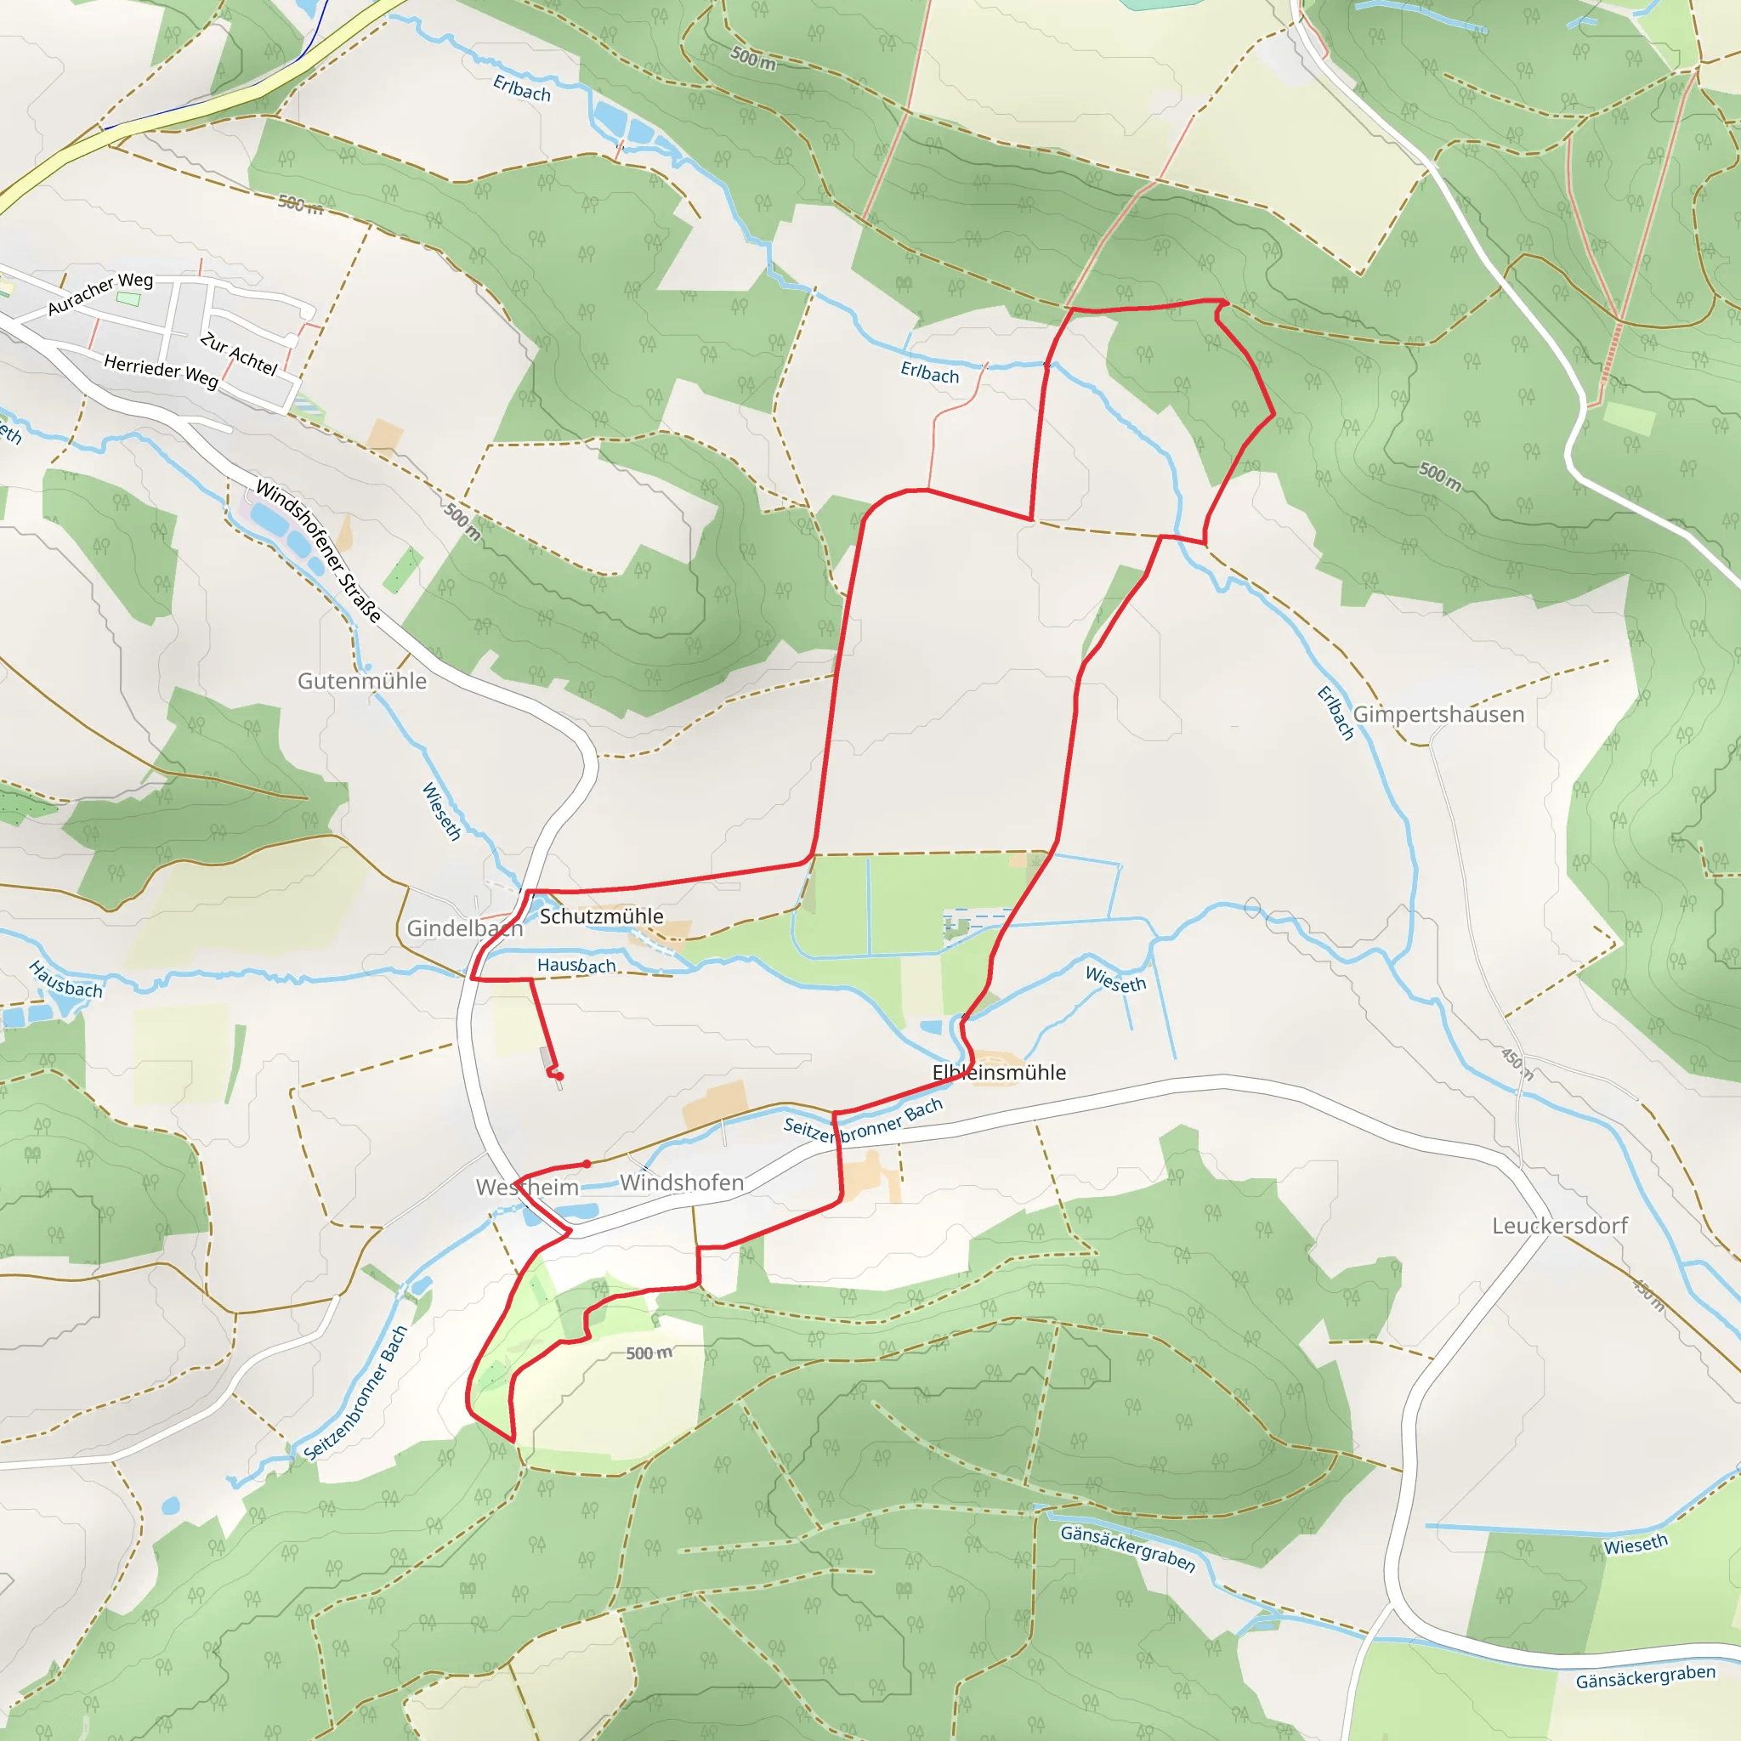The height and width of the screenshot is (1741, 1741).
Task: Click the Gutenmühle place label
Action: pyautogui.click(x=362, y=681)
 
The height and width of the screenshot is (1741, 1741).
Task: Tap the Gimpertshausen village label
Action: pyautogui.click(x=1438, y=715)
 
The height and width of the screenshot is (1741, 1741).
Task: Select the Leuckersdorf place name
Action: pyautogui.click(x=1560, y=1226)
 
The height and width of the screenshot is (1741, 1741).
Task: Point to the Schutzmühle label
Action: pyautogui.click(x=601, y=916)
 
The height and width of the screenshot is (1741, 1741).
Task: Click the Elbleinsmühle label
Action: pyautogui.click(x=999, y=1072)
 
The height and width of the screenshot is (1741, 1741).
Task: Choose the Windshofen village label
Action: pyautogui.click(x=681, y=1182)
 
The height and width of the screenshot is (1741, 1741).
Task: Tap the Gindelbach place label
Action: pyautogui.click(x=464, y=928)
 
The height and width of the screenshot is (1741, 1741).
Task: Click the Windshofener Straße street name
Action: pyautogui.click(x=318, y=551)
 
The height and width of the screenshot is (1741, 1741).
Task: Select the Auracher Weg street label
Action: pyautogui.click(x=100, y=294)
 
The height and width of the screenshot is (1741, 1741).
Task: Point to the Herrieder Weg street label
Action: pyautogui.click(x=161, y=371)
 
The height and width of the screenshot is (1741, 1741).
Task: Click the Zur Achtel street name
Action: pyautogui.click(x=239, y=354)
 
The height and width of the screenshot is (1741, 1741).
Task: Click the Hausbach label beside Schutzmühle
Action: pyautogui.click(x=576, y=965)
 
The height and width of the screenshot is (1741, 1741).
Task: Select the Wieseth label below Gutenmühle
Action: pyautogui.click(x=441, y=811)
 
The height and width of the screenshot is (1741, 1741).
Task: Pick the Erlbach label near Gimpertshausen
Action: pyautogui.click(x=1336, y=712)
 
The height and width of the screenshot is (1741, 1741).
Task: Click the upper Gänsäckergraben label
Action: pyautogui.click(x=1127, y=1548)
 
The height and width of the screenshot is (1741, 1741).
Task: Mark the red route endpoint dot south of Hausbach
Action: pyautogui.click(x=559, y=1076)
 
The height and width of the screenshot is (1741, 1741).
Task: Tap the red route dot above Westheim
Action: pyautogui.click(x=587, y=1164)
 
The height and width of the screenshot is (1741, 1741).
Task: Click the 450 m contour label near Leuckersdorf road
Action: pyautogui.click(x=1517, y=1063)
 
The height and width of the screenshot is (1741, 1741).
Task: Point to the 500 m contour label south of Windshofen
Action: pyautogui.click(x=649, y=1353)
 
